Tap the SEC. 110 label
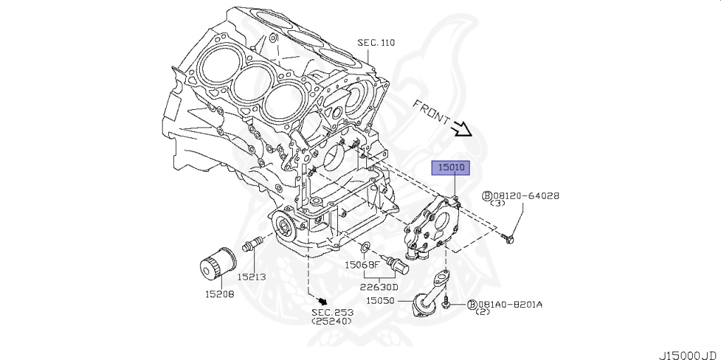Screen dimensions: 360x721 click(x=376, y=43)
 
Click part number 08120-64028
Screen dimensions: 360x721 click(x=526, y=196)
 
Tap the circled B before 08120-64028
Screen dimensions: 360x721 click(x=486, y=196)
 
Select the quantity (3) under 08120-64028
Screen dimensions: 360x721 click(x=498, y=204)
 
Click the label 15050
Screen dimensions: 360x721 click(x=380, y=301)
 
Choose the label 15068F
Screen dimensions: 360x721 click(x=362, y=266)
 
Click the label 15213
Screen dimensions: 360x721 click(x=251, y=277)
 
